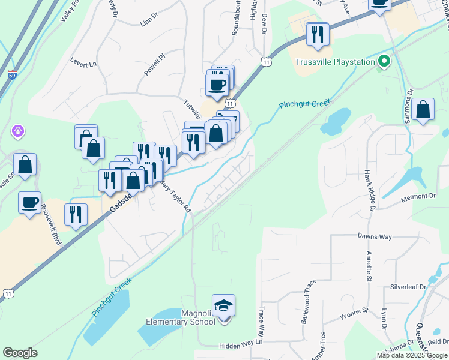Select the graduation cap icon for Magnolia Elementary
pyautogui.click(x=223, y=306)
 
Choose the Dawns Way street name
pyautogui.click(x=375, y=237)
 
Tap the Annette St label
pyautogui.click(x=368, y=266)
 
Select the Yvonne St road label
pyautogui.click(x=353, y=313)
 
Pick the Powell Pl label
pyautogui.click(x=154, y=65)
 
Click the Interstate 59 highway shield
pyautogui.click(x=12, y=76)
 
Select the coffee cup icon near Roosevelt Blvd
pyautogui.click(x=29, y=202)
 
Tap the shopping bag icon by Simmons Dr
pyautogui.click(x=423, y=110)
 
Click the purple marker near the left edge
pyautogui.click(x=18, y=130)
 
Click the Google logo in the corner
pyautogui.click(x=20, y=353)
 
